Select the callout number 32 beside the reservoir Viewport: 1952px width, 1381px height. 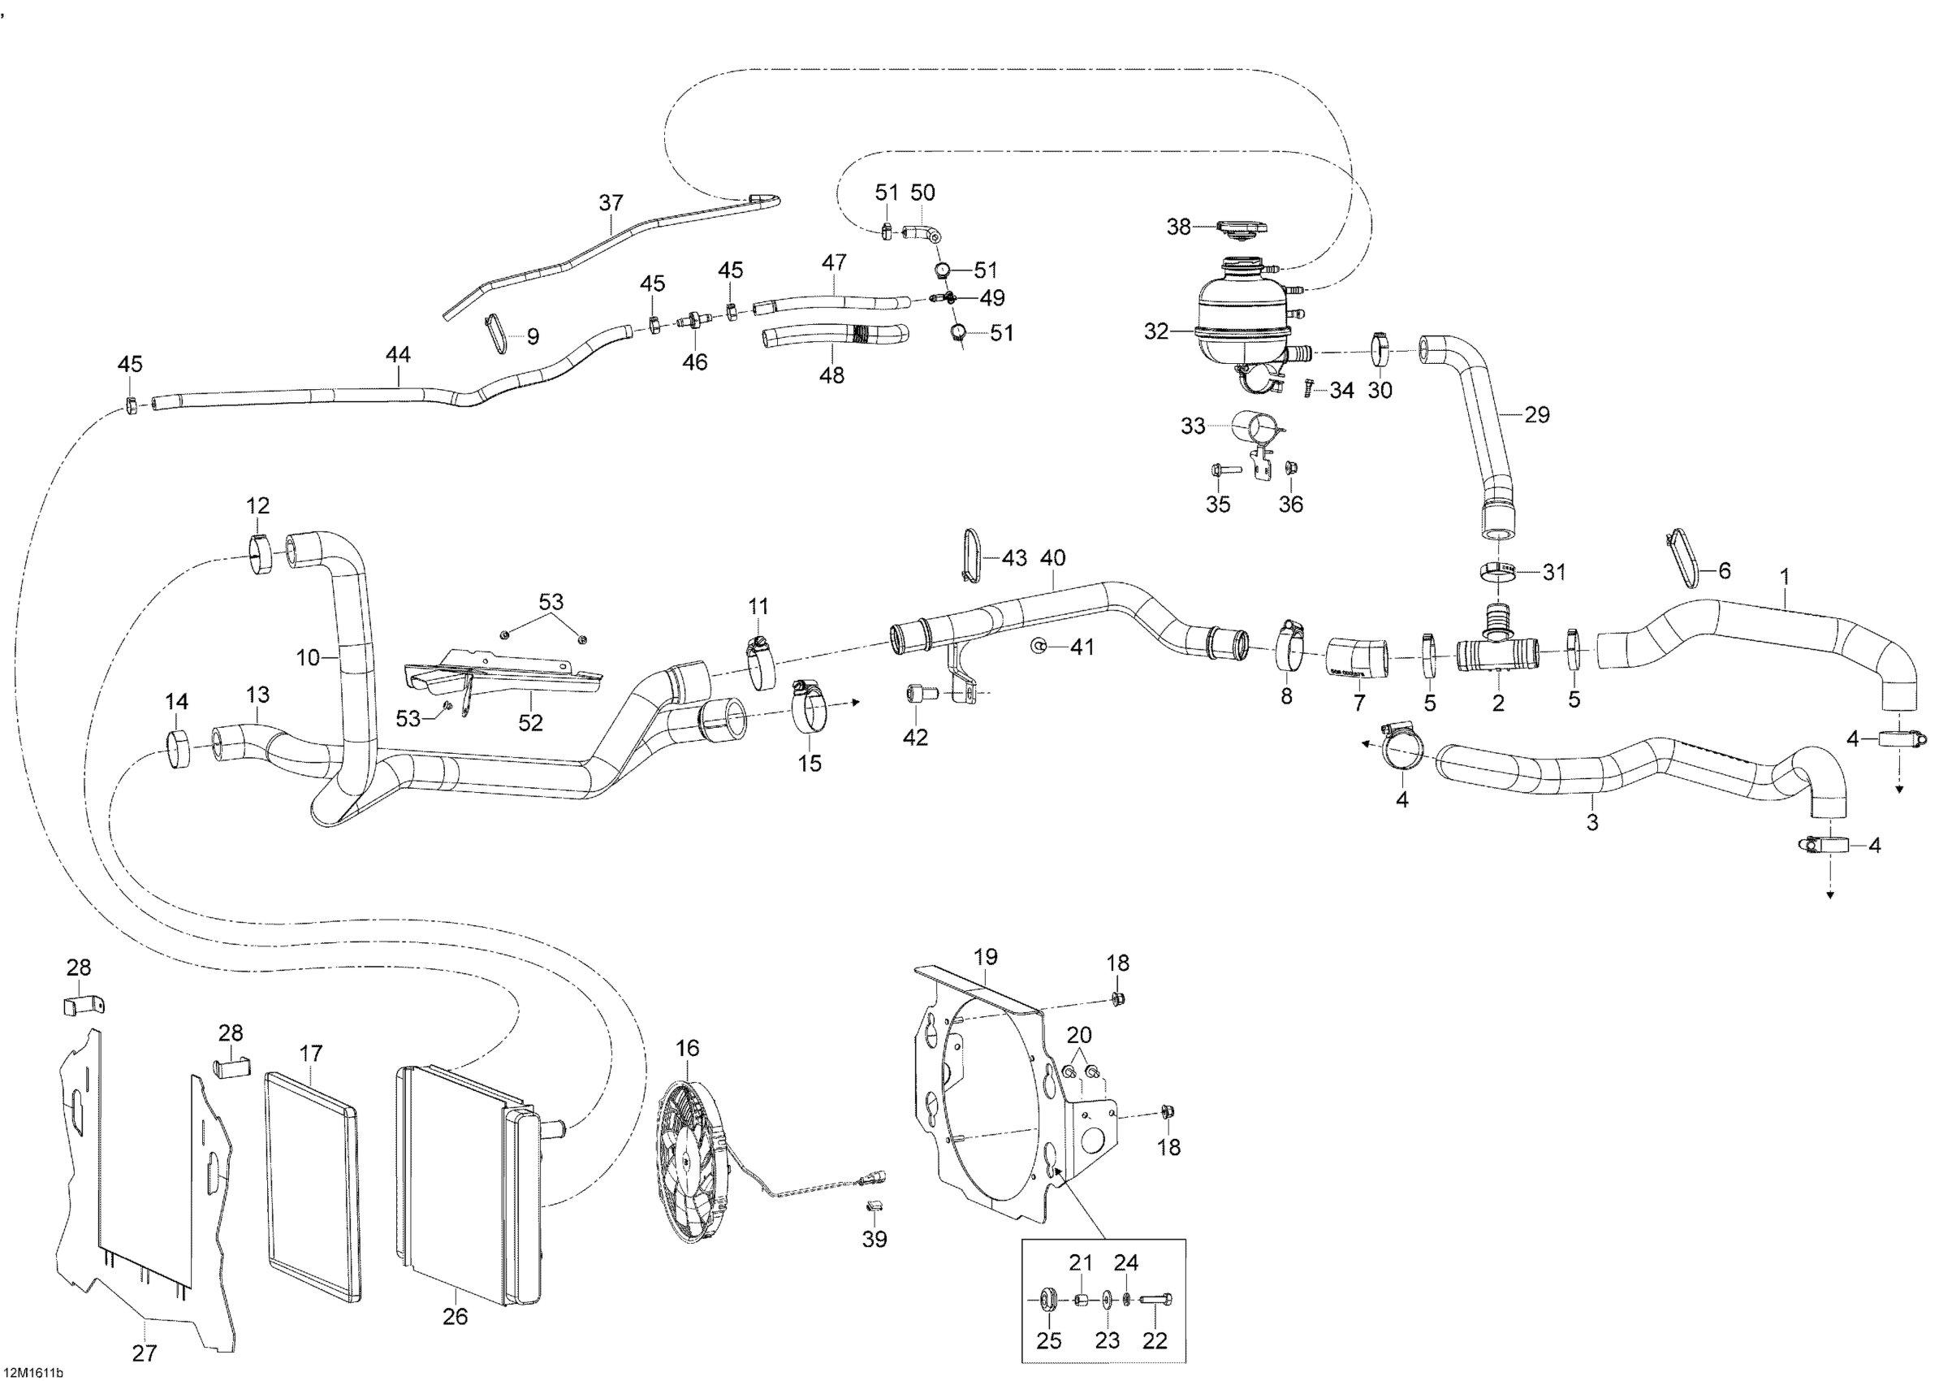pyautogui.click(x=1156, y=331)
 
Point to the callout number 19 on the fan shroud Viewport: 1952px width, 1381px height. pyautogui.click(x=986, y=957)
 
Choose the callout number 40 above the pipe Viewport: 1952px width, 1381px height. pyautogui.click(x=1052, y=559)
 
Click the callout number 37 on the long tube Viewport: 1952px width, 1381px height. pyautogui.click(x=611, y=202)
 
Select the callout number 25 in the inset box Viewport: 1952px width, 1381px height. pyautogui.click(x=1049, y=1341)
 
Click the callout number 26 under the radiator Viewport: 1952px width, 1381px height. pyautogui.click(x=456, y=1317)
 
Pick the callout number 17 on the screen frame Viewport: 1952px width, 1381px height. pyautogui.click(x=311, y=1054)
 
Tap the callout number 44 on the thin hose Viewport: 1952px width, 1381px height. pyautogui.click(x=398, y=355)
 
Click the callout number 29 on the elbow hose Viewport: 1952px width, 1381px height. pyautogui.click(x=1537, y=415)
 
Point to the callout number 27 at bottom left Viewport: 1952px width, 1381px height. pyautogui.click(x=145, y=1353)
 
